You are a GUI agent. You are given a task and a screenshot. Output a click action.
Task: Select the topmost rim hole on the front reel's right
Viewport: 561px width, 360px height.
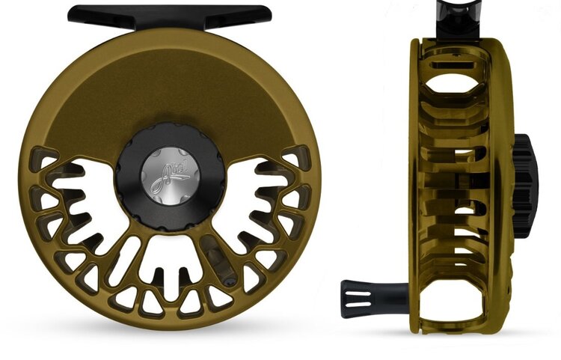(x=290, y=160)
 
